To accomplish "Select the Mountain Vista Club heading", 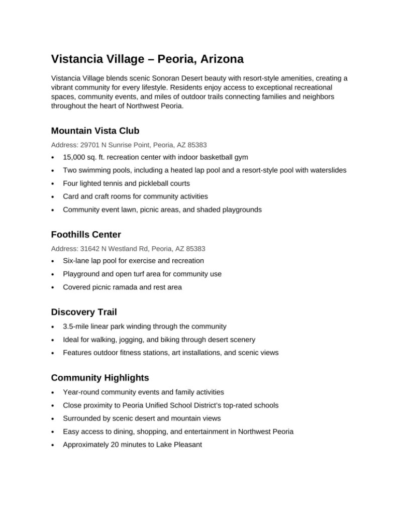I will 95,131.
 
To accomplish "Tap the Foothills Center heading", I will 86,235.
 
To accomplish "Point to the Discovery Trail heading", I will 84,312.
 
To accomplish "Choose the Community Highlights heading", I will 100,377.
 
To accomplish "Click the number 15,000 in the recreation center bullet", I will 74,157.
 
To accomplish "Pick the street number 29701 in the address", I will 90,145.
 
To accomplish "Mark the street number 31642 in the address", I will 90,248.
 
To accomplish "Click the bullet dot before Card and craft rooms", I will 53,197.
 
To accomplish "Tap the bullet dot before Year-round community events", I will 53,392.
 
